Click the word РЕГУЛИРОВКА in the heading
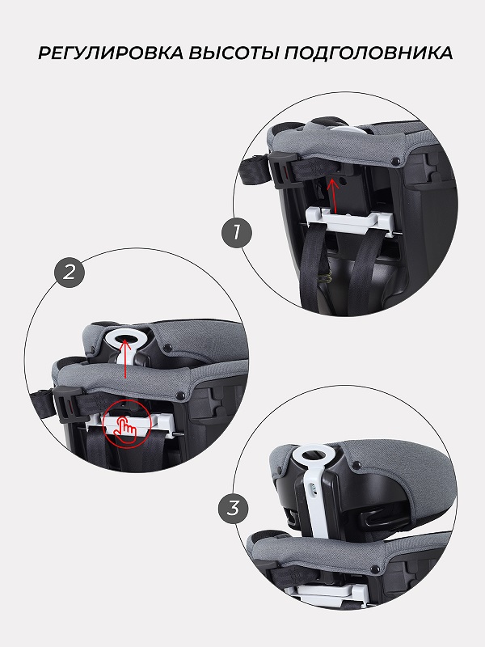[111, 53]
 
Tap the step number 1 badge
[236, 233]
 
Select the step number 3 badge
[233, 509]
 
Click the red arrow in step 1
[333, 195]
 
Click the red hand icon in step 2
[125, 423]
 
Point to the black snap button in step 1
[397, 161]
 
